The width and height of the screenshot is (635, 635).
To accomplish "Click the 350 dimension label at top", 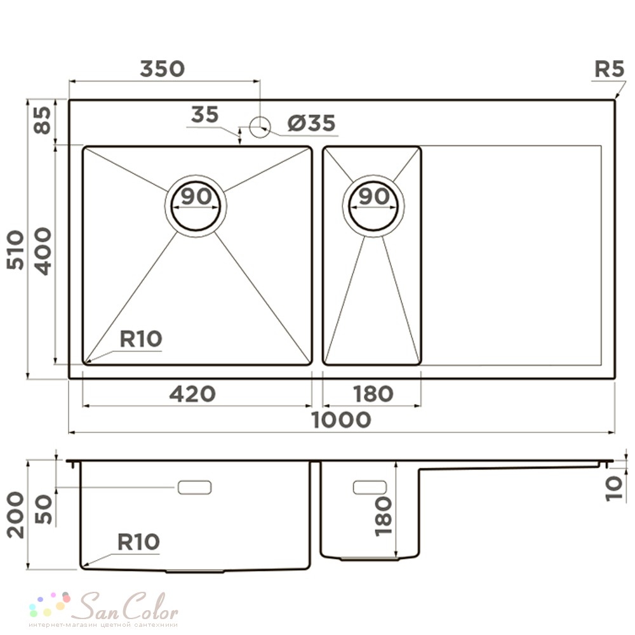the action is pos(163,69).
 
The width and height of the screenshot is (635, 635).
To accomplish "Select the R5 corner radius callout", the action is pos(609,69).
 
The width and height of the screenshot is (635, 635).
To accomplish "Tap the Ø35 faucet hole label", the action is pos(311,123).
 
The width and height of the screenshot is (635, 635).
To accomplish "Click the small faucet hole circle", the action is pos(260,127).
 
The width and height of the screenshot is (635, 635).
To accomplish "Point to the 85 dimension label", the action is pos(43,120).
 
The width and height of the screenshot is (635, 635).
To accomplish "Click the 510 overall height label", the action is pos(16,250).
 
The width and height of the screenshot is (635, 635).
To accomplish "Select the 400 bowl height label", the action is pos(43,251).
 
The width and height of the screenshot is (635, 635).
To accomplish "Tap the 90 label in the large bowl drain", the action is pos(196,196).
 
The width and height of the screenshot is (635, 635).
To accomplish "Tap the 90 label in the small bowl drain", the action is pos(374,196).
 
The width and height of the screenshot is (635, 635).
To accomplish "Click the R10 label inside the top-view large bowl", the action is pos(141,339).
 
